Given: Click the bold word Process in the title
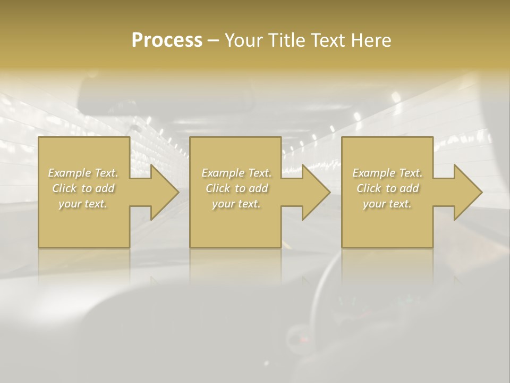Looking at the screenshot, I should pyautogui.click(x=167, y=40).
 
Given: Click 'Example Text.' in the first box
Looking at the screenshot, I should pyautogui.click(x=83, y=173).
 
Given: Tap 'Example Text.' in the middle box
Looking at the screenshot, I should pyautogui.click(x=236, y=173).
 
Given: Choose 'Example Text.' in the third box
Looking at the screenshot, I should pyautogui.click(x=387, y=173).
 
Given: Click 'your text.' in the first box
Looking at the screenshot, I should pyautogui.click(x=83, y=204).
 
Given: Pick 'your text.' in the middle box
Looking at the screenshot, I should pyautogui.click(x=236, y=204).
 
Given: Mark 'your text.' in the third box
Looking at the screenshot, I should pyautogui.click(x=387, y=204).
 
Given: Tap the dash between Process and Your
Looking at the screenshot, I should pyautogui.click(x=213, y=41).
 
